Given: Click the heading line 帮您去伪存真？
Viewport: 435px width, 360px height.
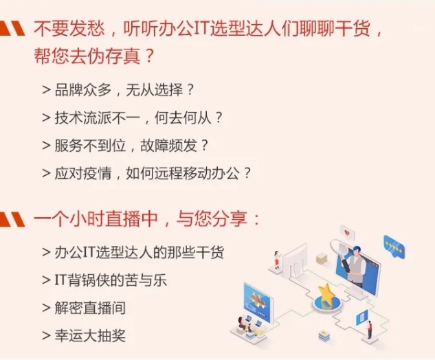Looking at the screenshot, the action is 94,56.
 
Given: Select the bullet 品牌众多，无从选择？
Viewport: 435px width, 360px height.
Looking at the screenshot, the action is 118,90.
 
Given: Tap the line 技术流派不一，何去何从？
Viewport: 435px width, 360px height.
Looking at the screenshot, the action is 133,118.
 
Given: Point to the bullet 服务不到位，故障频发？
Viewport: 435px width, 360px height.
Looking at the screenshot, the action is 125,146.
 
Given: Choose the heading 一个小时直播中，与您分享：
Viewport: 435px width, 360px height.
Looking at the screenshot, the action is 147,219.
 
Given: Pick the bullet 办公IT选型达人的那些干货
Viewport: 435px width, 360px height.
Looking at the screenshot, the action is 133,252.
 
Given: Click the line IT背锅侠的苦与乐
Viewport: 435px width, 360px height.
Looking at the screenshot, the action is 104,280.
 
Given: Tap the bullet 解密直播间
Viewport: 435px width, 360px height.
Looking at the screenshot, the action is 84,308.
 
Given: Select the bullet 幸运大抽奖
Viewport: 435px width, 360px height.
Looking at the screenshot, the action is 84,335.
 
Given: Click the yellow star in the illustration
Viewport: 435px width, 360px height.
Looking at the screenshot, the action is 326,293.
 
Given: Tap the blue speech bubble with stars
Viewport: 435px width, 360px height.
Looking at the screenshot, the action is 394,246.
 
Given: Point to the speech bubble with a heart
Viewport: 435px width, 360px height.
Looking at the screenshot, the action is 347,233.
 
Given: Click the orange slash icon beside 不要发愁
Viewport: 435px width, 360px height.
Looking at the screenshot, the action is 12,29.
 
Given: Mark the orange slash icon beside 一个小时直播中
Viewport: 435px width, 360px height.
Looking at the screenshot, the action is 12,219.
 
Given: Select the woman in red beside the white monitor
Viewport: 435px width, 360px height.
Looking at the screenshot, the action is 276,260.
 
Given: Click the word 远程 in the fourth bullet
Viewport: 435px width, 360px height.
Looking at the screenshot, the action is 168,173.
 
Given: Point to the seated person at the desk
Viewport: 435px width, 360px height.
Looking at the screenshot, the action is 243,324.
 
